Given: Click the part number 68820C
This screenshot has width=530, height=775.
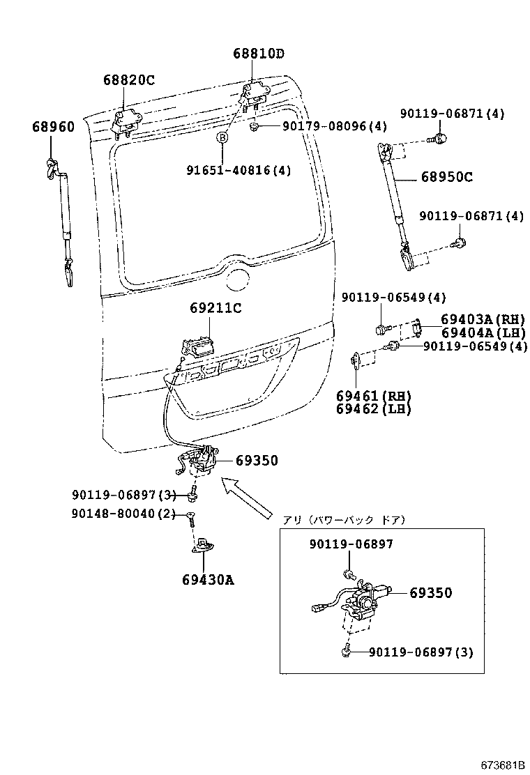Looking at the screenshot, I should [x=129, y=80].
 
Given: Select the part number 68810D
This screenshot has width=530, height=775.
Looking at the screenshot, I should [x=259, y=54].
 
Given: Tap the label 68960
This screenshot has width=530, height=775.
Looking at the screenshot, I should [x=52, y=127].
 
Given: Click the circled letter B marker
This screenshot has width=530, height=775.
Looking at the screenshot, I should [x=222, y=138].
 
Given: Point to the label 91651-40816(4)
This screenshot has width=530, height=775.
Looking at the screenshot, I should [x=238, y=170].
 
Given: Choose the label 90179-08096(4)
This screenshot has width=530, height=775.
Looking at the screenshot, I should [x=334, y=126].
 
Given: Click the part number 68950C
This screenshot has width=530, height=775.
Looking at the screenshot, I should [x=446, y=177].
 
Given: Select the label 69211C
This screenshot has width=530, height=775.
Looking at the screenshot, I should [x=215, y=308].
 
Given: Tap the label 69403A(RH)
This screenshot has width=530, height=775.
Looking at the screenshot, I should [x=483, y=320].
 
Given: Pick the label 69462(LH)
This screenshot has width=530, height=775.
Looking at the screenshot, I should [x=373, y=409].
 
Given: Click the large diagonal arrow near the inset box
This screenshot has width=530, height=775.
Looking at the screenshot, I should [x=245, y=497].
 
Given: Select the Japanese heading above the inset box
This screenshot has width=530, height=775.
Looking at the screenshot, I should [x=344, y=520].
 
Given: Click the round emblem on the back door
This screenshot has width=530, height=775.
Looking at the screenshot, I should [x=238, y=280].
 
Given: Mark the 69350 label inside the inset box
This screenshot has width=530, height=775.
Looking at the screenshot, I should [x=430, y=593].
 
